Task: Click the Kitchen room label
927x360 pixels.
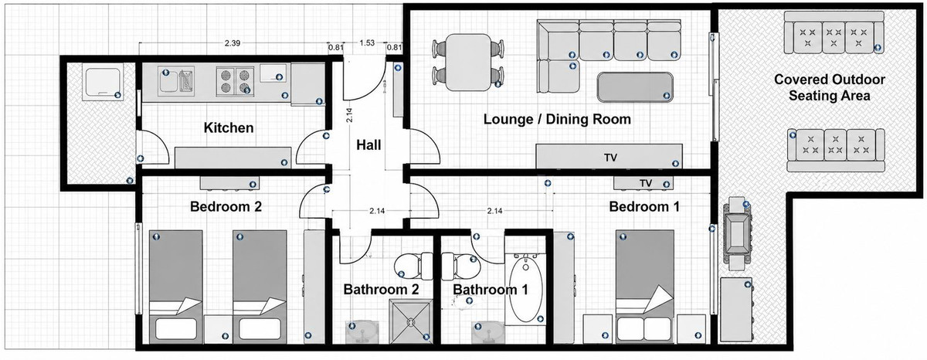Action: [229, 127]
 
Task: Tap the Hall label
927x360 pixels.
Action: [368, 144]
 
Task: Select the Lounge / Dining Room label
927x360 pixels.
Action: [557, 119]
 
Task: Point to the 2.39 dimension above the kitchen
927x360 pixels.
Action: [233, 43]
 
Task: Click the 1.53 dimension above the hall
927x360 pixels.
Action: [367, 43]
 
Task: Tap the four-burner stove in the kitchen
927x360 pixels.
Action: [235, 81]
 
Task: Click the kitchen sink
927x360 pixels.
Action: [176, 80]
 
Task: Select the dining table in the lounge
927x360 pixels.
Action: [469, 63]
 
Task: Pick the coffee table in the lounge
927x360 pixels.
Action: [635, 87]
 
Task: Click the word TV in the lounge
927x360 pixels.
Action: [611, 158]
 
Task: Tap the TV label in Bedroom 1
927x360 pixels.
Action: [646, 183]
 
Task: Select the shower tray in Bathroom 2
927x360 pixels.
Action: [411, 322]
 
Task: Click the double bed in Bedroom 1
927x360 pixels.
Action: [645, 287]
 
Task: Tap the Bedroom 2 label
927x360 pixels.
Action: [226, 206]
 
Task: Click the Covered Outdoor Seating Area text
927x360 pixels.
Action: [830, 87]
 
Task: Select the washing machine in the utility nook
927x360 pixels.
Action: [102, 82]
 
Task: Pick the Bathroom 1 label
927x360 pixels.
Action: [491, 289]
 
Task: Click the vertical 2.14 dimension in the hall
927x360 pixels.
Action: [349, 115]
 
